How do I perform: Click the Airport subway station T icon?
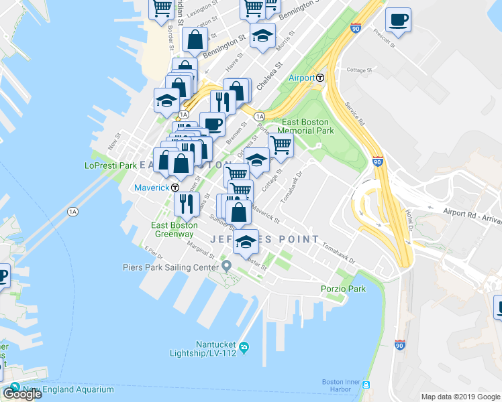coord(321,78)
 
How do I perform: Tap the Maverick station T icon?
coord(174,188)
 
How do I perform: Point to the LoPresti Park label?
coord(111,165)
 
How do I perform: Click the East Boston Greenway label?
coord(173,229)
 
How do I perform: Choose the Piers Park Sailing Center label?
coord(171,267)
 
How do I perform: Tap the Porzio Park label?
coord(342,289)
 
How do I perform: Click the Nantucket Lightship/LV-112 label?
coord(216,348)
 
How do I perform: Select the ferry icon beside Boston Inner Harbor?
coord(366,385)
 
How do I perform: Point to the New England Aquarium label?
coord(59,390)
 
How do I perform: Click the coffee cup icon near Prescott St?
coord(398,19)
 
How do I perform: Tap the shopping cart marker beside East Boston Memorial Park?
coord(281,145)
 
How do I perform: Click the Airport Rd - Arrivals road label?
coord(472,210)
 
